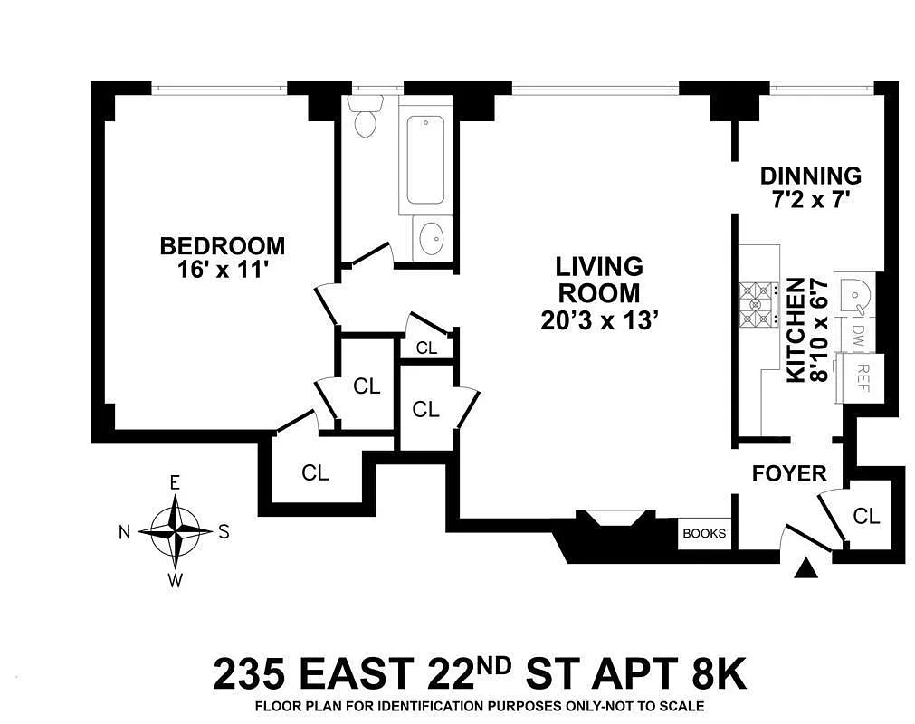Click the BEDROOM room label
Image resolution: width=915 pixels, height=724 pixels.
[x=223, y=245]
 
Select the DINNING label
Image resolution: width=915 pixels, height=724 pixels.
[x=811, y=176]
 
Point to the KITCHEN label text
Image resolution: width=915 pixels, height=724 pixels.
[x=796, y=330]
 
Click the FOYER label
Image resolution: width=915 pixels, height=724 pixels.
[x=789, y=473]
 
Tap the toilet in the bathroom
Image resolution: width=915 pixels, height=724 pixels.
[x=366, y=116]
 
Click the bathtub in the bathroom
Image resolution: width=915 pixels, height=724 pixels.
[x=425, y=159]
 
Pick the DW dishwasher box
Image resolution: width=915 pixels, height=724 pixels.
[x=857, y=337]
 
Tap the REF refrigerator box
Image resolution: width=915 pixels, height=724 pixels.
[x=858, y=377]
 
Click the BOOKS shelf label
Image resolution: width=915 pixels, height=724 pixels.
[x=704, y=533]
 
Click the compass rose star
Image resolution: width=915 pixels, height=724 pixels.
[x=176, y=531]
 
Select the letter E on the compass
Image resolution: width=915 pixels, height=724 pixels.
[x=175, y=483]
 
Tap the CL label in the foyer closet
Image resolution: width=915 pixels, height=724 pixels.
[x=866, y=516]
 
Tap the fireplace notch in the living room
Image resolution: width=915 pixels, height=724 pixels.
[x=612, y=518]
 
